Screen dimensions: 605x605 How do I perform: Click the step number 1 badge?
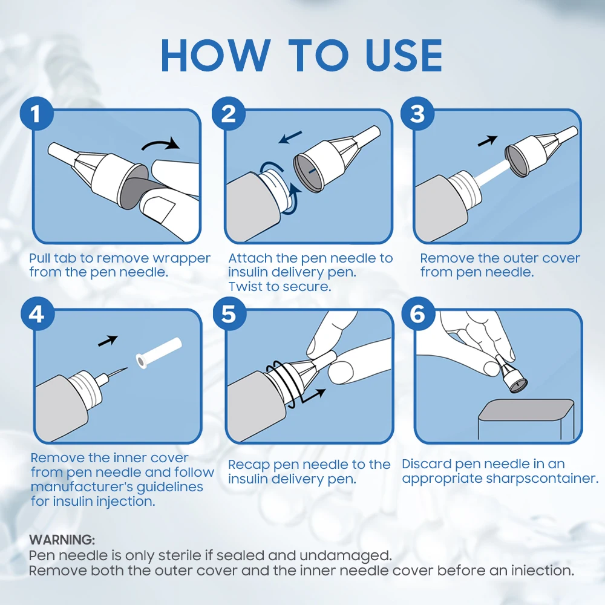pos(36,114)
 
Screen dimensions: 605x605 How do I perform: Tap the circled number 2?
pos(229,114)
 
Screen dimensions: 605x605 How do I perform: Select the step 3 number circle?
pos(417,114)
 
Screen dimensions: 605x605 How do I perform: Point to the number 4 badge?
pos(37,313)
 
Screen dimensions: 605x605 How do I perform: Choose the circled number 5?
pos(229,313)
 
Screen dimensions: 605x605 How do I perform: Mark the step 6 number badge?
pos(418,313)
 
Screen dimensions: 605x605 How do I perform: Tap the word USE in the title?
pos(404,56)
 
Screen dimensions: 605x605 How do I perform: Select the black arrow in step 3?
pos(488,141)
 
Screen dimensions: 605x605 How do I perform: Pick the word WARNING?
pos(62,540)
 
